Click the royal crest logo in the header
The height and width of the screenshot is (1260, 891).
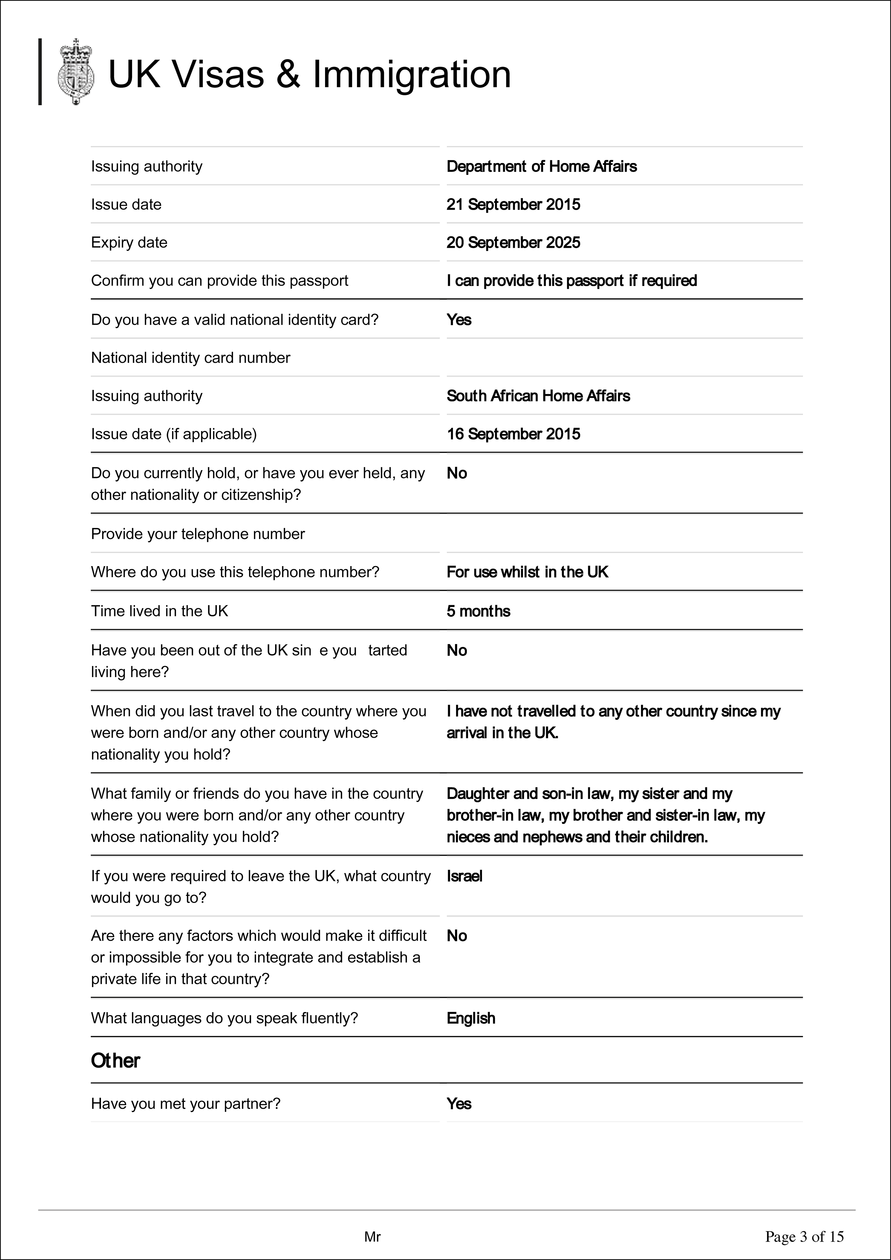tap(76, 72)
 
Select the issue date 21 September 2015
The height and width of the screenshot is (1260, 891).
tap(513, 205)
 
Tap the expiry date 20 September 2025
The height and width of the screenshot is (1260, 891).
tap(513, 242)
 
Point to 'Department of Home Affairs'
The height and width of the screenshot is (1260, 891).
tap(542, 167)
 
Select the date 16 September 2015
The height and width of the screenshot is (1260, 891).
tap(513, 434)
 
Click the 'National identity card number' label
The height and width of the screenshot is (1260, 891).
tap(190, 358)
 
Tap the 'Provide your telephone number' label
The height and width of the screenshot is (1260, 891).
tap(198, 534)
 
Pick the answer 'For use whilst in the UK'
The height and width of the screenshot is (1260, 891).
tap(527, 573)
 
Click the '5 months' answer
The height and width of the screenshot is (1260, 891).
tap(478, 611)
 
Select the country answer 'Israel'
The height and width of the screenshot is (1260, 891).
tap(464, 876)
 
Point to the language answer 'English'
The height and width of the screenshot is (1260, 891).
tap(471, 1019)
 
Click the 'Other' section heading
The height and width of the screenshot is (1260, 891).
tap(115, 1061)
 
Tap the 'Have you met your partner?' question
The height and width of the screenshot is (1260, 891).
tap(185, 1104)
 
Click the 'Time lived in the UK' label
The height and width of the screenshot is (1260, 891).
tap(159, 611)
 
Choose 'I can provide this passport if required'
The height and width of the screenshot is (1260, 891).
tap(571, 281)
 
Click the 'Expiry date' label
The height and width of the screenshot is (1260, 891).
tap(129, 242)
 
